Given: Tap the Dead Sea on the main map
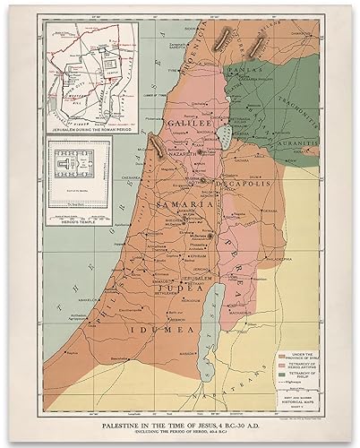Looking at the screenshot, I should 211,290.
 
